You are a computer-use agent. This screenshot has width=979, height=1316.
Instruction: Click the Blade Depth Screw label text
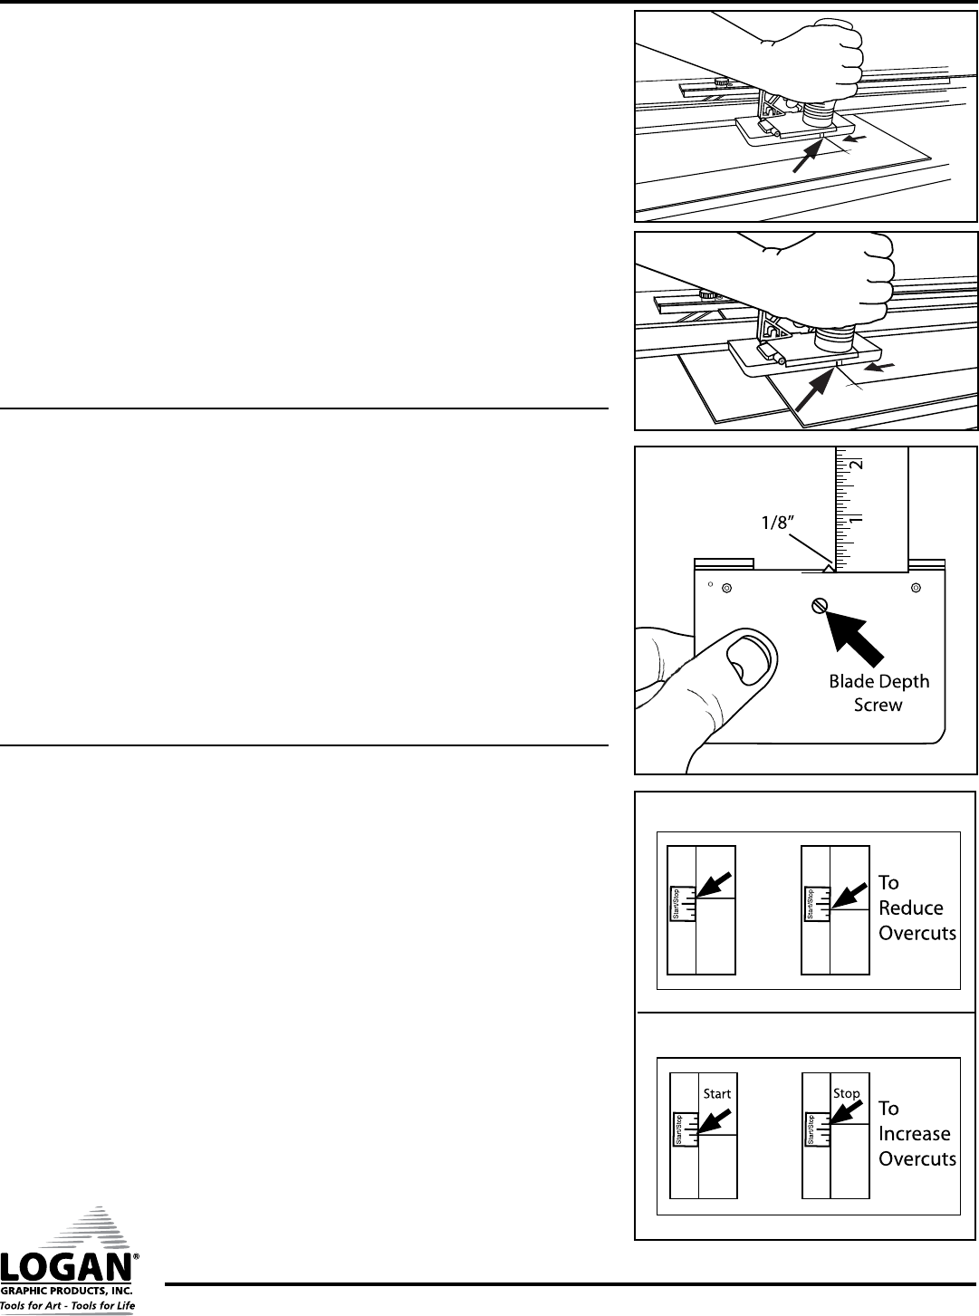(878, 693)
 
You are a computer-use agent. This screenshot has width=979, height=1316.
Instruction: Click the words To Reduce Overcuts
(917, 908)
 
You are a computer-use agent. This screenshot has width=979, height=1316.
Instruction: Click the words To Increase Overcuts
(917, 1133)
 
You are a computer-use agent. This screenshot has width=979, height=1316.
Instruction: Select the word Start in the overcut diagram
(717, 1093)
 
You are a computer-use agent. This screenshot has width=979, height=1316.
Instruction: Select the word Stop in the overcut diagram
(847, 1093)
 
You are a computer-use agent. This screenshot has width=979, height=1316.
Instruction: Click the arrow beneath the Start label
(714, 1121)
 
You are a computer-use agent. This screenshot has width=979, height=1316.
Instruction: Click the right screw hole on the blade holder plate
(916, 588)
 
